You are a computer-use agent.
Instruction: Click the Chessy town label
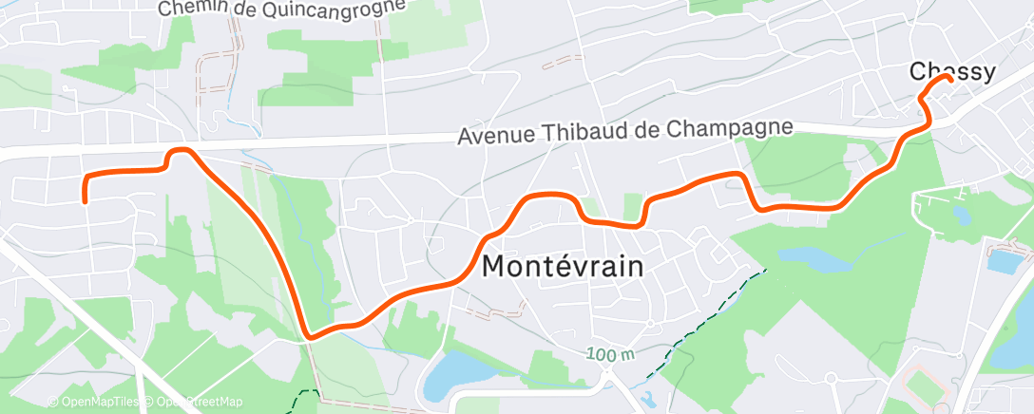point(952,71)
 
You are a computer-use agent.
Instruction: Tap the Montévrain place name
point(563,267)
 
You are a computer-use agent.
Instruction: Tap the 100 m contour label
point(610,354)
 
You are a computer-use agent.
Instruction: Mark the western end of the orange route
point(86,200)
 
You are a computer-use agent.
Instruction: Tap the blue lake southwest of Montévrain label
point(448,376)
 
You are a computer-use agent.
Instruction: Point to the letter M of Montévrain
point(498,267)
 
